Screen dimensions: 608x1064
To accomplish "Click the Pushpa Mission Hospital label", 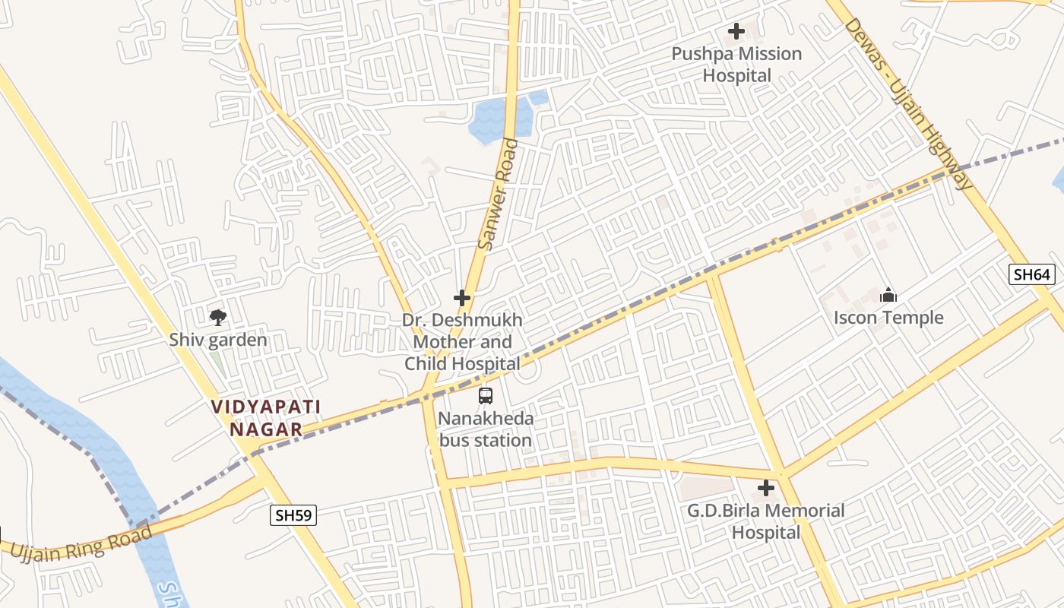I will click(736, 65).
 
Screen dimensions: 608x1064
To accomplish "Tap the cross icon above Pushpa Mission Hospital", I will click(736, 31).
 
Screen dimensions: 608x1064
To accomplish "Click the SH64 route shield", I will click(1032, 274).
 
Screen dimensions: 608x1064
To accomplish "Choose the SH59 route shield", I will click(293, 515).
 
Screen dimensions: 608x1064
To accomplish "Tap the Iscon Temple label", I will click(888, 318).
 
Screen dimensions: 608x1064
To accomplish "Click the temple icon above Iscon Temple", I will click(888, 296).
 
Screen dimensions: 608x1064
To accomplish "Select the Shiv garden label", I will click(218, 340).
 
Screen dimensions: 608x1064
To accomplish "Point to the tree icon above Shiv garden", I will click(218, 317).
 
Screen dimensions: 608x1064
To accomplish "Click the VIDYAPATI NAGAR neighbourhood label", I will click(266, 418).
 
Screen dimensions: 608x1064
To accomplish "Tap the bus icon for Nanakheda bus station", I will click(485, 396).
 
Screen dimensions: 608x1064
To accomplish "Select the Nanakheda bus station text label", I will click(486, 429).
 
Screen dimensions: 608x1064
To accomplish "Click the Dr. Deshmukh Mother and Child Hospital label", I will click(462, 342).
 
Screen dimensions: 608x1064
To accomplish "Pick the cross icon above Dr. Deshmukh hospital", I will click(461, 298).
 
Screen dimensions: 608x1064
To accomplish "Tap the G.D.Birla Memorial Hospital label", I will click(766, 521).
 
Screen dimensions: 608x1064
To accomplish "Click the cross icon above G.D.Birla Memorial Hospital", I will click(766, 488).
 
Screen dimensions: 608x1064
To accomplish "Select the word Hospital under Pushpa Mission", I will click(736, 76).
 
